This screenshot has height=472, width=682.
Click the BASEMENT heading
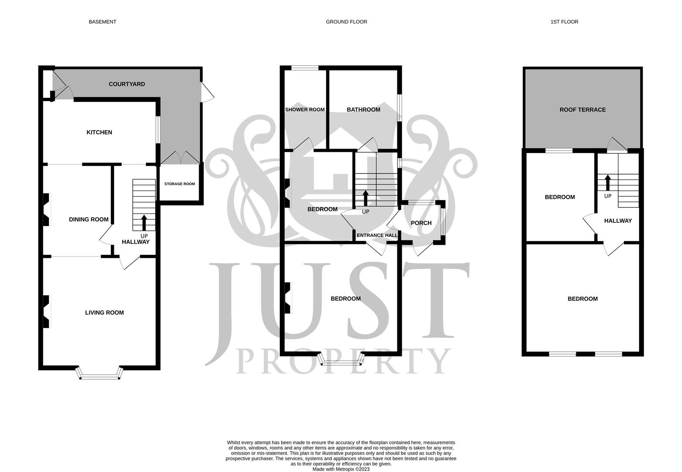tap(102, 22)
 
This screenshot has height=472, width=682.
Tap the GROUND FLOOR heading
tap(346, 22)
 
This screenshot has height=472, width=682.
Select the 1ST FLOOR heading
tap(564, 22)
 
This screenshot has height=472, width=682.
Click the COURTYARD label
tap(127, 84)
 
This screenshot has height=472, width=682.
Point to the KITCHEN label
tap(99, 132)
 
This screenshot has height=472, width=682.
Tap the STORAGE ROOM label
tap(179, 184)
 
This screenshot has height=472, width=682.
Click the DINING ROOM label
tap(89, 219)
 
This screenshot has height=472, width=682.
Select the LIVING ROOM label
tap(104, 312)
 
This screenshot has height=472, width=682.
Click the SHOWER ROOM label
tap(305, 110)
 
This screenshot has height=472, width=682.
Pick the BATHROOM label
tap(363, 110)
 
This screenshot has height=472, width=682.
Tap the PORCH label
tap(421, 223)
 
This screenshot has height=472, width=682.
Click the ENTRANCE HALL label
tap(377, 235)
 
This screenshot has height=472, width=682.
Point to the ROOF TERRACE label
tap(582, 110)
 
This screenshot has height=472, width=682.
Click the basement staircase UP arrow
tap(144, 222)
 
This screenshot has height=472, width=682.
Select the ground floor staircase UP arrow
tap(365, 198)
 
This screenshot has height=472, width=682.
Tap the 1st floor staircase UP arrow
tap(607, 182)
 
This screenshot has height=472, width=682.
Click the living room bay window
tap(100, 374)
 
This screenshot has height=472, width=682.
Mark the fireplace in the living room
tap(46, 312)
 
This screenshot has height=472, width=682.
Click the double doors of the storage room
tap(180, 157)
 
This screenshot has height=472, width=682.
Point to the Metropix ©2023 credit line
tap(341, 469)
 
